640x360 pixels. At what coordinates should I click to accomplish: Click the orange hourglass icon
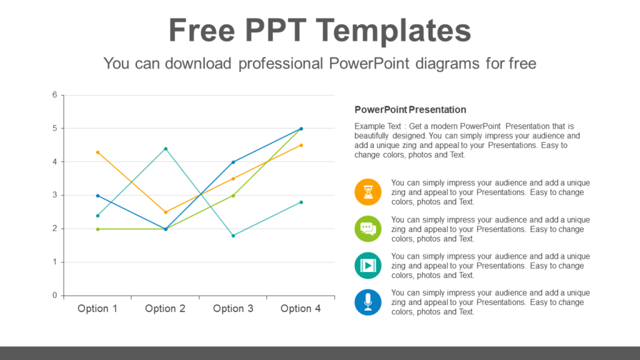click(368, 192)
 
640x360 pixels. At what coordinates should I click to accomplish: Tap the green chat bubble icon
click(368, 229)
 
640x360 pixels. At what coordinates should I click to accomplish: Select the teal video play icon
click(368, 266)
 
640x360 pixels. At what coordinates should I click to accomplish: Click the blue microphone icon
click(368, 302)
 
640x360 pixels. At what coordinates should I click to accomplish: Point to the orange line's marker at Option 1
click(97, 152)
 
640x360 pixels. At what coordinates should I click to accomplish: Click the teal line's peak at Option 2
click(166, 149)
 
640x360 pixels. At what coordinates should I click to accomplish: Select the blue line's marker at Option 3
click(233, 162)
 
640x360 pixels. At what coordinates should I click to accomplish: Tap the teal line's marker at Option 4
click(301, 202)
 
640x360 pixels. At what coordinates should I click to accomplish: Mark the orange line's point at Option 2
click(166, 212)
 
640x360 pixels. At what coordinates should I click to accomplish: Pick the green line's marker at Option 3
click(233, 196)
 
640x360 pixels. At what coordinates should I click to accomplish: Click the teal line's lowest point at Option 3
click(233, 236)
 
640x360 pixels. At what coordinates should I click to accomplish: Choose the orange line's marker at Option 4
click(301, 145)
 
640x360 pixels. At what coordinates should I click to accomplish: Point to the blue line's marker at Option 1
click(97, 196)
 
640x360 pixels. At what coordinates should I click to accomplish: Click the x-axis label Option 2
click(165, 309)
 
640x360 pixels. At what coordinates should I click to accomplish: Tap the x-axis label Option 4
click(301, 309)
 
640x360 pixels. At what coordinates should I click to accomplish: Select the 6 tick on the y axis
click(55, 95)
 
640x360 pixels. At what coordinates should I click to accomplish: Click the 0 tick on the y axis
click(55, 296)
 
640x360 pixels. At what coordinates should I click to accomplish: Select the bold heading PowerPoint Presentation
click(410, 110)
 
